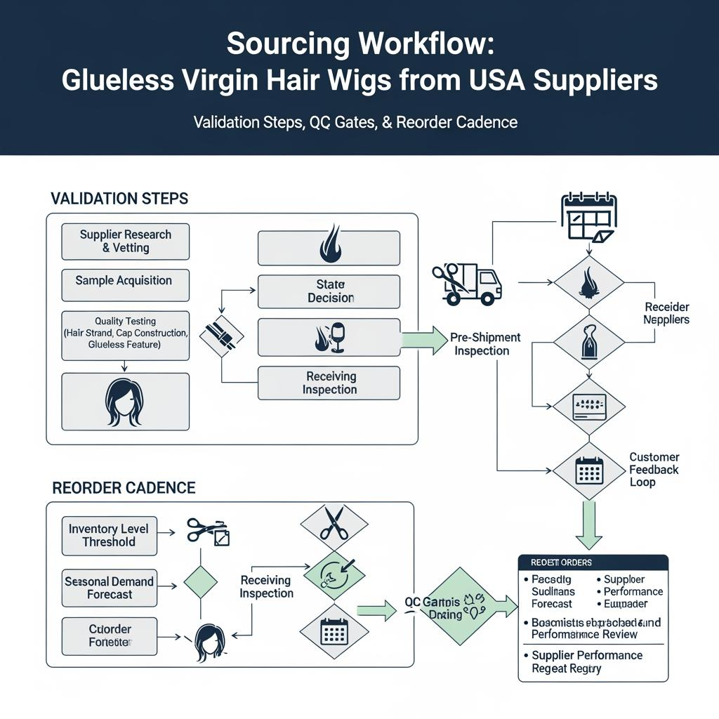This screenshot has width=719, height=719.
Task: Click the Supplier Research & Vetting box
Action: click(x=125, y=241)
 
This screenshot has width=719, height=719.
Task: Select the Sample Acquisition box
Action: click(x=125, y=281)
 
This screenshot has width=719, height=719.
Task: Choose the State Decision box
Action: click(x=329, y=291)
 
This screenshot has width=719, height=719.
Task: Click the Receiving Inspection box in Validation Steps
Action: click(x=329, y=383)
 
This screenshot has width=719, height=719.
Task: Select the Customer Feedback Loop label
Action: click(x=653, y=469)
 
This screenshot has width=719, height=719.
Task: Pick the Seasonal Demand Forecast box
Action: click(x=109, y=587)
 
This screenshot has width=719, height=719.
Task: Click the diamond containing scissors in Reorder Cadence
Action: click(x=334, y=524)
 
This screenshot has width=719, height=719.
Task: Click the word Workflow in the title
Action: click(x=420, y=44)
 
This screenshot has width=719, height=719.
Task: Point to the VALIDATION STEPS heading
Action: click(x=119, y=198)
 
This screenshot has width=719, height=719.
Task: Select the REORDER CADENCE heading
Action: click(x=124, y=487)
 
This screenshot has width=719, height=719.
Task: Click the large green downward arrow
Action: click(x=588, y=525)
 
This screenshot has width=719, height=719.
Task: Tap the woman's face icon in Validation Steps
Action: click(x=125, y=401)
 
